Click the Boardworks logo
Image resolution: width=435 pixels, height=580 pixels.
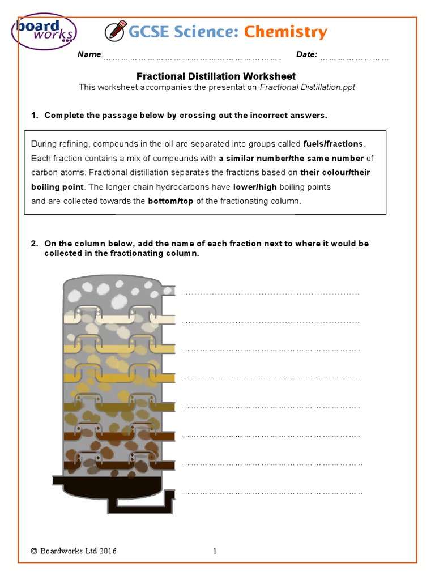44,32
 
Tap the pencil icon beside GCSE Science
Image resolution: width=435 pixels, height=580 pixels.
117,30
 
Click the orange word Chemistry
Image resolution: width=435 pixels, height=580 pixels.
285,32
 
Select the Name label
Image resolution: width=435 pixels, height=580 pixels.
89,54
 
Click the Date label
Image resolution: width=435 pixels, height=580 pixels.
306,54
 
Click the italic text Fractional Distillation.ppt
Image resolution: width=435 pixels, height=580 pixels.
307,87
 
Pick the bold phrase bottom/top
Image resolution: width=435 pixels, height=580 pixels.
171,201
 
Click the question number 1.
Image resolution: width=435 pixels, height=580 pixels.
34,116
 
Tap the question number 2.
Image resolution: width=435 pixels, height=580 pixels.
34,244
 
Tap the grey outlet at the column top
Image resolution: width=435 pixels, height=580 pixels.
168,291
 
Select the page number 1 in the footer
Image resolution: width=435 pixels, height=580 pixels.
215,551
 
